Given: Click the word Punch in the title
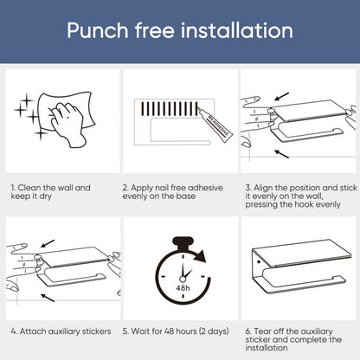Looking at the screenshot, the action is point(98,30).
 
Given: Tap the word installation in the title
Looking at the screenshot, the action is point(237,30).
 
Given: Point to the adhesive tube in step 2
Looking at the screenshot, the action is point(215,123).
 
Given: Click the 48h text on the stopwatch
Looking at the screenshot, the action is point(183,288).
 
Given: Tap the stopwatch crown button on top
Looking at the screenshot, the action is point(183,242).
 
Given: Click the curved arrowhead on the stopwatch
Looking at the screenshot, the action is point(200,256).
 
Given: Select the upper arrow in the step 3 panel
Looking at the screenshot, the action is point(281,96).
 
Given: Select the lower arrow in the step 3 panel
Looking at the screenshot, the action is point(281,154).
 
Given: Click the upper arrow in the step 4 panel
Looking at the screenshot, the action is point(48,243).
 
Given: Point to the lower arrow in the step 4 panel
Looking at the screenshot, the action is point(48,298).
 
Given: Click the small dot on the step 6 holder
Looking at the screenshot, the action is point(259,262).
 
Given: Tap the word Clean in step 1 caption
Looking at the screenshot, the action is point(29,188).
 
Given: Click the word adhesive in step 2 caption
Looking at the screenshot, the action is point(205,188).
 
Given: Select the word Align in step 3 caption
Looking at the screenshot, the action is point(263,188).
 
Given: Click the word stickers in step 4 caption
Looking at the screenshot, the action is point(96,331).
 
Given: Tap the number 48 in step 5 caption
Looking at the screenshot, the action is point(169,331).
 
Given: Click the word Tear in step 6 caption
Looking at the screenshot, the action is point(262,331).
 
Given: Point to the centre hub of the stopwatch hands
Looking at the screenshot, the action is point(183,279).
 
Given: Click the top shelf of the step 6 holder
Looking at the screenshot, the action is point(302,253).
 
